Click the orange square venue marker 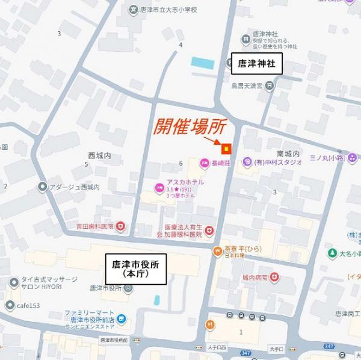[x=226, y=147]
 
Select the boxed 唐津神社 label [x=256, y=63]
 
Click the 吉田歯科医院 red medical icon [x=120, y=226]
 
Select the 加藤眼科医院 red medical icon [x=209, y=231]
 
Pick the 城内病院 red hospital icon [x=274, y=277]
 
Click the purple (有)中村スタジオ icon [x=247, y=161]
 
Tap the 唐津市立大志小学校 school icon [x=133, y=9]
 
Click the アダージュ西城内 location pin [x=42, y=187]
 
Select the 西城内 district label [x=99, y=155]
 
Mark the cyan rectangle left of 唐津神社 [x=203, y=62]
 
